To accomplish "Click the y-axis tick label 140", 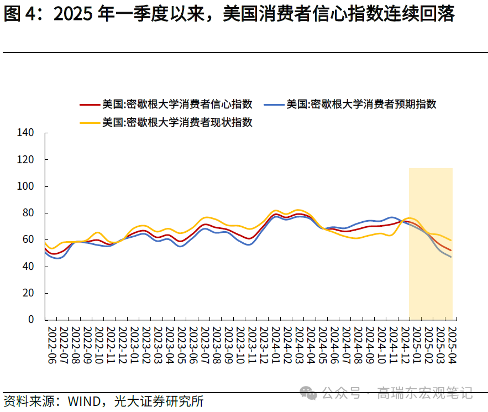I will pos(25,133).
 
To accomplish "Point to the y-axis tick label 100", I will pos(25,186).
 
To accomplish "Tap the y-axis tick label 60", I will pos(28,240).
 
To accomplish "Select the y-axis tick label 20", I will pos(28,293).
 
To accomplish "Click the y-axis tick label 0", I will pos(31,320).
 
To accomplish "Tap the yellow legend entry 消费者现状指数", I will pos(177,122).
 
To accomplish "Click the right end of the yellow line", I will pos(451,240).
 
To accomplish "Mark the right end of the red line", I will pos(451,250).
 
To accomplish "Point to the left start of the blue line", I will pos(45,252).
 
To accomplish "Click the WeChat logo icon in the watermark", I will pos(308,393).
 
